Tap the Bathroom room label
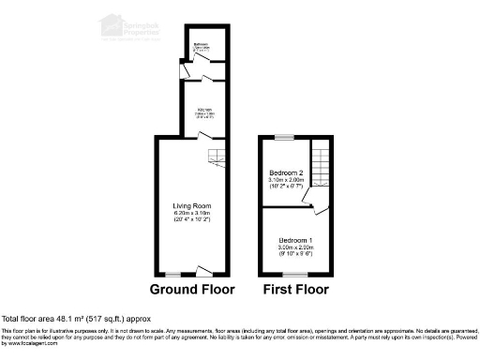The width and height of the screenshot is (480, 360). click(201, 44)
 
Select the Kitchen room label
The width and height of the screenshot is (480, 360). click(204, 110)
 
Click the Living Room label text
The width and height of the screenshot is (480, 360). click(191, 206)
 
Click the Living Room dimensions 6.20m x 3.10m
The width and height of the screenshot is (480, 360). click(191, 215)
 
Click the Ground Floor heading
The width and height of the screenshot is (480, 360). click(193, 288)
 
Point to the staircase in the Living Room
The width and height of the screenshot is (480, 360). click(217, 159)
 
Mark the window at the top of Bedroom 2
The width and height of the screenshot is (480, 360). click(285, 137)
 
